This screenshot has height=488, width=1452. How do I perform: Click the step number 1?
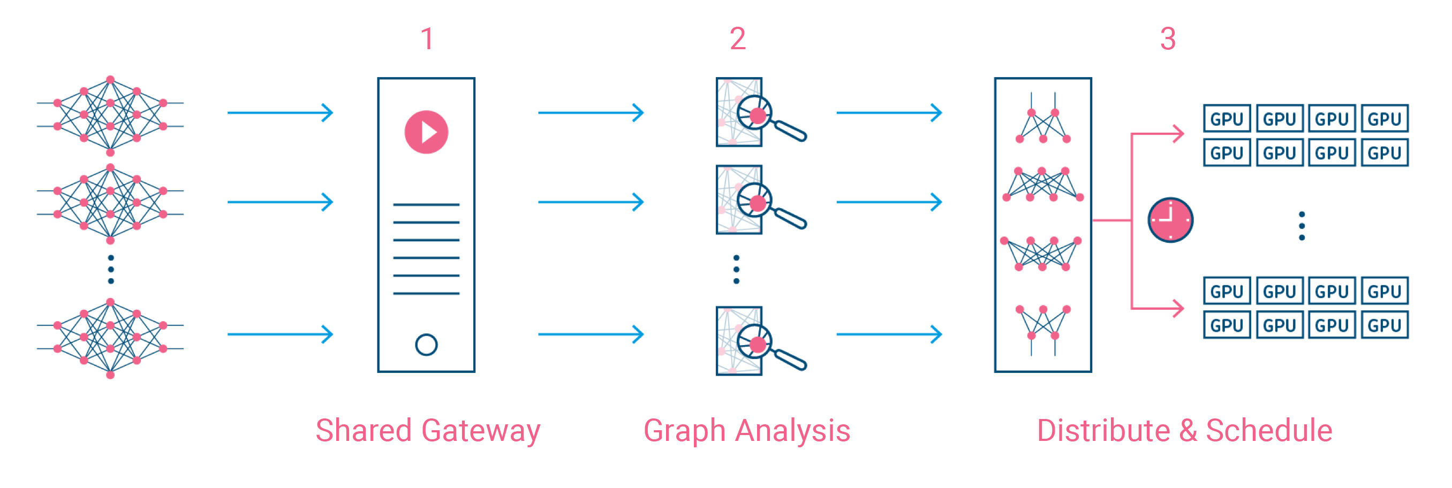(427, 39)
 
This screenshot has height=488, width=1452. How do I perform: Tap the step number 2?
(737, 39)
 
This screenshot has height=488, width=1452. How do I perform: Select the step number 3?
(1168, 39)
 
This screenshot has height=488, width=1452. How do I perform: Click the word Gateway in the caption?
(480, 431)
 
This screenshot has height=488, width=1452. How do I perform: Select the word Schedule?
(1269, 431)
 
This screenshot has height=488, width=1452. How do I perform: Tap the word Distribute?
(1103, 431)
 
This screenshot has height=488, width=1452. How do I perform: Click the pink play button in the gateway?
(426, 132)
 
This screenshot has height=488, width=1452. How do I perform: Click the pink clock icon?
(1170, 220)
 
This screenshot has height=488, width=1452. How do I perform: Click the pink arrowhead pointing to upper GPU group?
(1178, 134)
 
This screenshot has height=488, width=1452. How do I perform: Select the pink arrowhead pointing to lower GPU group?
(1178, 308)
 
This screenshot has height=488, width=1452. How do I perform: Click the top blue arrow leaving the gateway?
(591, 113)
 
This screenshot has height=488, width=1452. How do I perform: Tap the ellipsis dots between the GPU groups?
(1302, 226)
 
